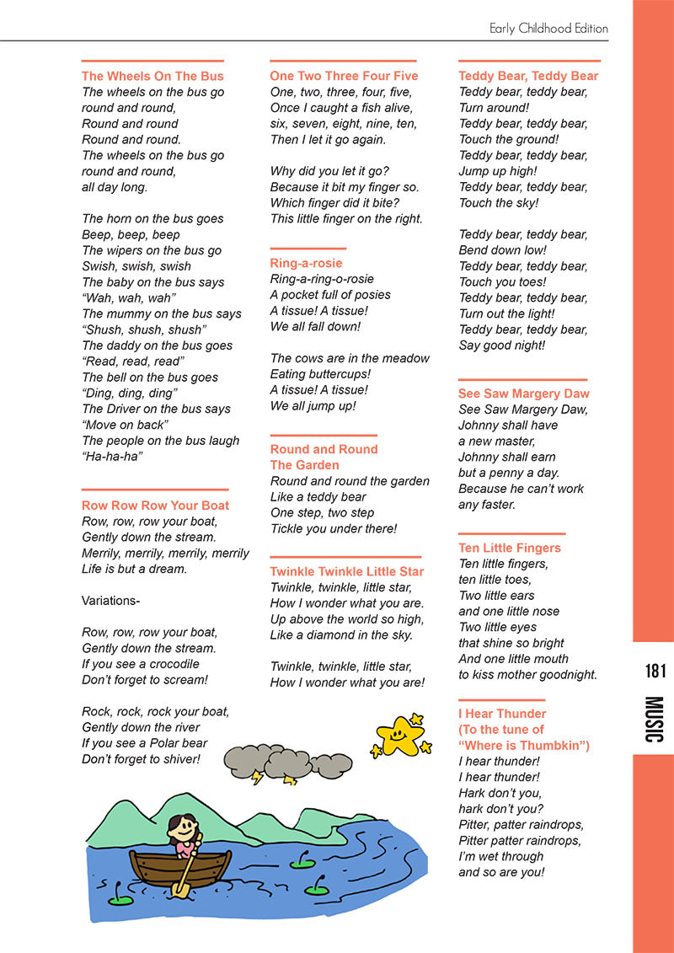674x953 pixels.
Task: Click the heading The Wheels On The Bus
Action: point(152,76)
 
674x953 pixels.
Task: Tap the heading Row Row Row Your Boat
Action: point(155,506)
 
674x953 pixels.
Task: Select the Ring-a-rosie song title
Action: point(306,263)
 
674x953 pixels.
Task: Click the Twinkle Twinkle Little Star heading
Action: point(346,571)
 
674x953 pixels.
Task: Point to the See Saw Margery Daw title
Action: point(523,394)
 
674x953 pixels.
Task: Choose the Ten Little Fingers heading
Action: point(509,548)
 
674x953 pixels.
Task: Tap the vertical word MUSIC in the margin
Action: point(655,719)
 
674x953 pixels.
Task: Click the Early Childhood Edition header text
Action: point(548,29)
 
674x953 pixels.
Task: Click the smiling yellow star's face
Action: point(398,736)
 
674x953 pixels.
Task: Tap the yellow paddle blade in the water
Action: point(179,887)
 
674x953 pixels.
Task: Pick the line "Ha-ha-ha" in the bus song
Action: point(112,457)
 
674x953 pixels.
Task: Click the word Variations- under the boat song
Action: point(110,601)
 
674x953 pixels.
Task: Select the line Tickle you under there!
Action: point(333,528)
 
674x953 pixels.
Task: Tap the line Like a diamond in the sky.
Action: point(341,634)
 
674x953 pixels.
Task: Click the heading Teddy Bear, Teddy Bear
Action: point(528,76)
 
